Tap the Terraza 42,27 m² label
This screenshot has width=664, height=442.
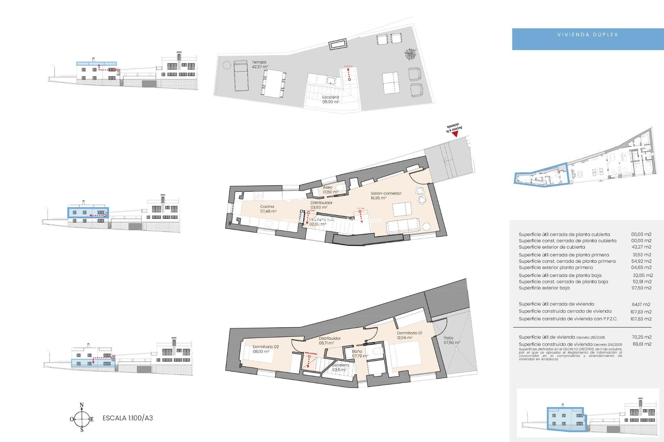(260, 65)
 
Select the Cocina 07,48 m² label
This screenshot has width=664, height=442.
(268, 209)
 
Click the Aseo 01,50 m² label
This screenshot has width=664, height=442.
(330, 190)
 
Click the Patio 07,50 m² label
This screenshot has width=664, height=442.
(451, 340)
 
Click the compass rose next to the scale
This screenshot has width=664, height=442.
(82, 419)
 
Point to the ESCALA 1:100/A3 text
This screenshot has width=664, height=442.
(128, 418)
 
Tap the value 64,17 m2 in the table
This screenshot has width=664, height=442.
(641, 304)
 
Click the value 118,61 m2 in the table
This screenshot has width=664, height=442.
(642, 344)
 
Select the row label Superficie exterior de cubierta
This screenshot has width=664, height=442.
(552, 247)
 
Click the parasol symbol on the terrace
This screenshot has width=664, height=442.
(411, 54)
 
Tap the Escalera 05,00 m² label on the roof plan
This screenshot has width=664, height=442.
(330, 99)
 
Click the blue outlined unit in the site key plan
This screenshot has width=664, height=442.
(542, 175)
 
